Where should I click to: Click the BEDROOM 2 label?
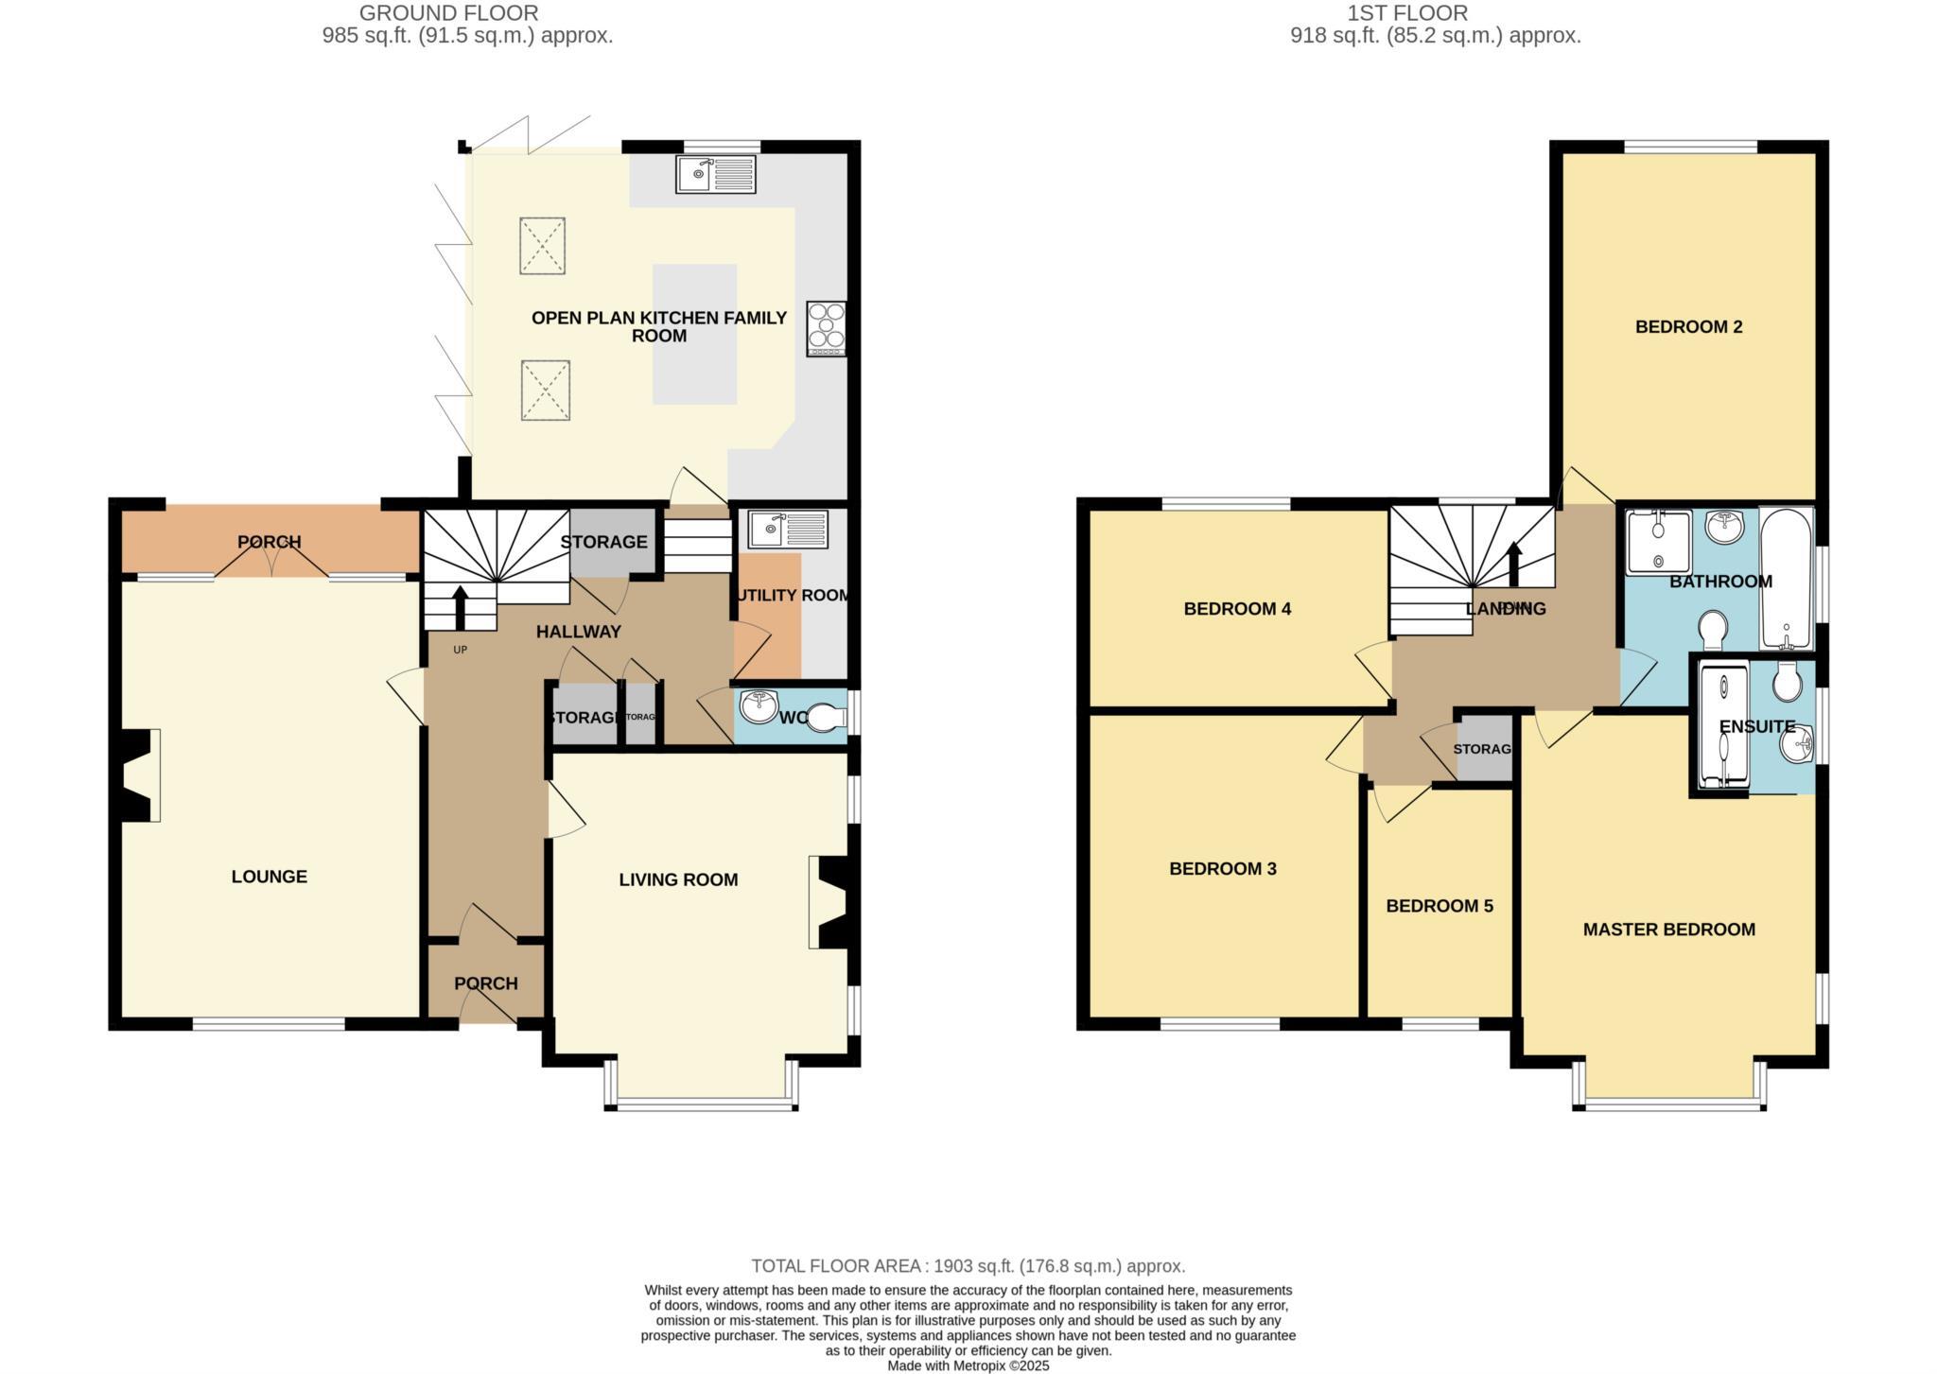pos(1688,327)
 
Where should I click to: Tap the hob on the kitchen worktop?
pos(826,328)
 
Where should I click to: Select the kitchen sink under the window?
pos(716,174)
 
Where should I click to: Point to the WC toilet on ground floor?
pos(828,717)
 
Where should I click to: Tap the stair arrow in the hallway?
pos(461,607)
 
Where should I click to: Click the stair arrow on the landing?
pos(1513,565)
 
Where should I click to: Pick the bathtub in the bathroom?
pos(1786,579)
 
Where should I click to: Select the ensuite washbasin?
pos(1797,744)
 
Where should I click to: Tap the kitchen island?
pos(694,334)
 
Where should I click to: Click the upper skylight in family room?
pos(542,246)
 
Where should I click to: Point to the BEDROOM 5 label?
pos(1439,906)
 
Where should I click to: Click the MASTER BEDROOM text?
pos(1668,930)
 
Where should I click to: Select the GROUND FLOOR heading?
pos(448,13)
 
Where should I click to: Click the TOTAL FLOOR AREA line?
pos(968,1265)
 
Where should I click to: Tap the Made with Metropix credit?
pos(968,1365)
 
